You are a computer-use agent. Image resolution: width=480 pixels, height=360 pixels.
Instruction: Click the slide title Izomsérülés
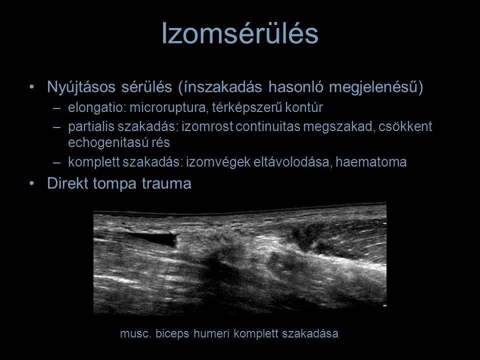240,33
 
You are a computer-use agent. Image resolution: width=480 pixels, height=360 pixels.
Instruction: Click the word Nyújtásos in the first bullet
81,87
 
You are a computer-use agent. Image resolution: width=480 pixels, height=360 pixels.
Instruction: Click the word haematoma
371,162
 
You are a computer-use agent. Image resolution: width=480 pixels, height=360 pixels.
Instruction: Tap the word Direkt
67,183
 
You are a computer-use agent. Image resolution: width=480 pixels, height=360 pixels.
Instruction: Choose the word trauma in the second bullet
166,184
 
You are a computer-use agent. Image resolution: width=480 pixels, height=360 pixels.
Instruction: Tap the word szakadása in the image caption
310,333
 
